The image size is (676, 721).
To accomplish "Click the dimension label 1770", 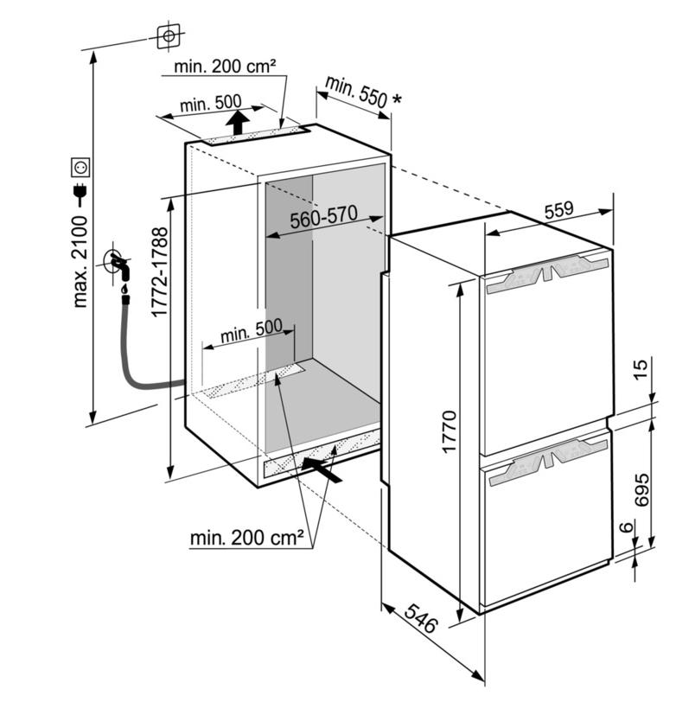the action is [449, 431].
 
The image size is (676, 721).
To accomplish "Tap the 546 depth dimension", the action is [419, 618].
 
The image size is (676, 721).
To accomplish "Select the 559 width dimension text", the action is [559, 211].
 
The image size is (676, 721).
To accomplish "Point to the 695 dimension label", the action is [641, 489].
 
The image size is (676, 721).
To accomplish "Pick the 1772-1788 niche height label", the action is [160, 271].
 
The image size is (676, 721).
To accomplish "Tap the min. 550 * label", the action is [363, 93].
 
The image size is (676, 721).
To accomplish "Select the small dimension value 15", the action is [641, 368].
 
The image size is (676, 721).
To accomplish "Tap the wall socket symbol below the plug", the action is [80, 167].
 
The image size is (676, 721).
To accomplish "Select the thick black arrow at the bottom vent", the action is [322, 468].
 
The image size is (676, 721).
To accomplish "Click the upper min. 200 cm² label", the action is [225, 67].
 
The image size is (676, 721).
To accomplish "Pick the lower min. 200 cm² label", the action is [247, 537].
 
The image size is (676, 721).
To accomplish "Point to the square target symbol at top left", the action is [169, 35].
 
